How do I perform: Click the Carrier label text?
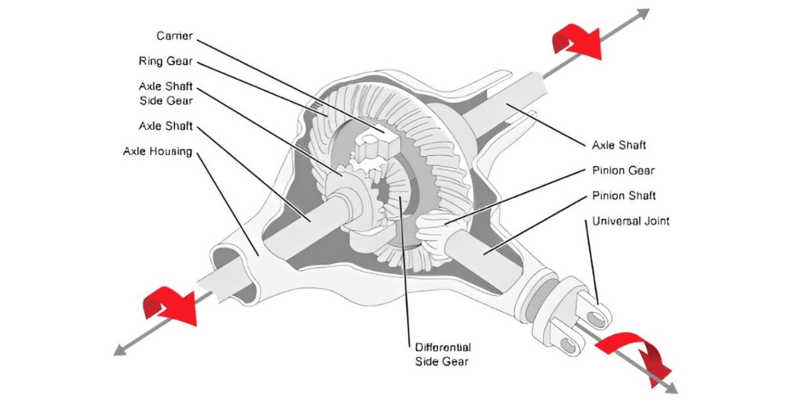coord(174,35)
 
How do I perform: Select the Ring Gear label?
coord(165,61)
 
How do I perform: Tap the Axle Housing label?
coord(157,151)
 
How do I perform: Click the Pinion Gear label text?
coord(623,170)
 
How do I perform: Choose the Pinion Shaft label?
coord(624,195)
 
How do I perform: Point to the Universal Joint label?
coord(630,221)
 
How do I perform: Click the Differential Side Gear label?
coord(443,353)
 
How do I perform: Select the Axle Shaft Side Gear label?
coord(165,94)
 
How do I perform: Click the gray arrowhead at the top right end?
coord(643,12)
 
